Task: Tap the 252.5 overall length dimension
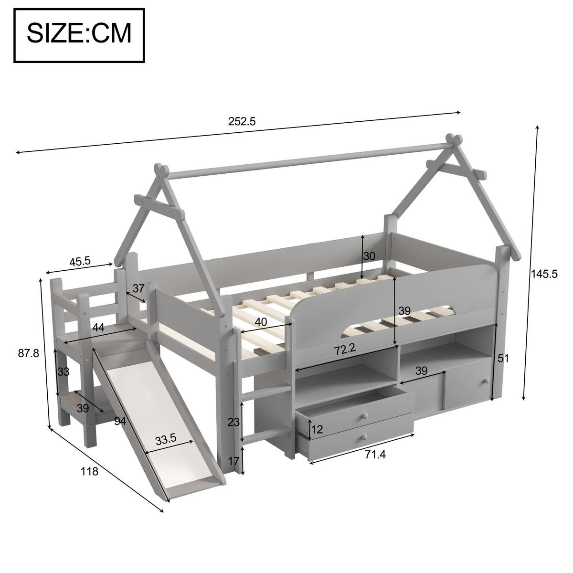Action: pyautogui.click(x=242, y=122)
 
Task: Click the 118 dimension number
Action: pyautogui.click(x=89, y=472)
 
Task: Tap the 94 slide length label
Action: pyautogui.click(x=121, y=421)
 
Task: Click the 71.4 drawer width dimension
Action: pyautogui.click(x=375, y=455)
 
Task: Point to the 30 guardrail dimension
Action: pyautogui.click(x=369, y=256)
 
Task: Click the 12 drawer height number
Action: pyautogui.click(x=317, y=429)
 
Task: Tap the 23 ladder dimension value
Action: pyautogui.click(x=233, y=422)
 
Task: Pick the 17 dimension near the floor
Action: pyautogui.click(x=233, y=461)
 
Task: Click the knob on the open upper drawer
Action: pyautogui.click(x=364, y=415)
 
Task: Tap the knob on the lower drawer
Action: pyautogui.click(x=365, y=436)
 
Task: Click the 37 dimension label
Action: pyautogui.click(x=138, y=288)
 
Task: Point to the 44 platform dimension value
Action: pyautogui.click(x=98, y=327)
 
